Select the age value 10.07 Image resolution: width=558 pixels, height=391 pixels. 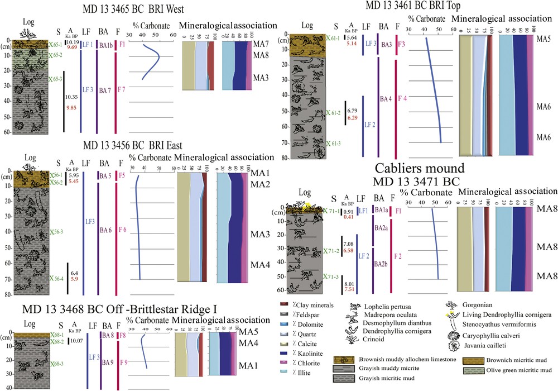click(75, 340)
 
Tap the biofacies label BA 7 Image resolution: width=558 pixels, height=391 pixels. click(104, 90)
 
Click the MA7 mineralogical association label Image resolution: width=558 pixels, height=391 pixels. click(261, 43)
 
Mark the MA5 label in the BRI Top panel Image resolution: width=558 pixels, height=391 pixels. click(543, 40)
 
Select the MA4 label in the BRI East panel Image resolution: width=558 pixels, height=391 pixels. click(261, 265)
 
